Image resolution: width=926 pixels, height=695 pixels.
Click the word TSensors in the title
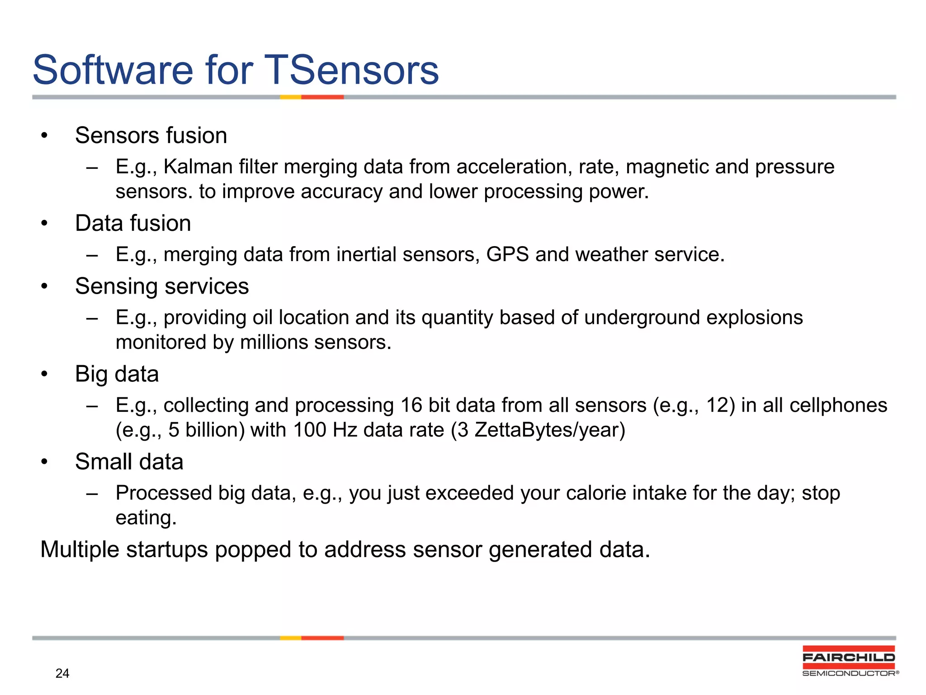coord(351,70)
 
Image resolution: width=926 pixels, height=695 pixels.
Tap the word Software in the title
coord(113,70)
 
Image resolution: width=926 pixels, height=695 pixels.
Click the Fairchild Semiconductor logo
coord(849,661)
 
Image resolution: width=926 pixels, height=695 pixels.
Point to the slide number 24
coord(62,674)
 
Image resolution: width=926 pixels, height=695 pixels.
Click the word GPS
coord(507,254)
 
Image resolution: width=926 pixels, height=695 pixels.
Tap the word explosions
coord(754,317)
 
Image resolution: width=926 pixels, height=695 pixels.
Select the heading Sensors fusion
coord(151,135)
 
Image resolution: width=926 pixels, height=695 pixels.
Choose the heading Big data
coord(117,374)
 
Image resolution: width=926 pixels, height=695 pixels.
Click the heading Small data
coord(129,462)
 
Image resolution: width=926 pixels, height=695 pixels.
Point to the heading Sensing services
coord(162,286)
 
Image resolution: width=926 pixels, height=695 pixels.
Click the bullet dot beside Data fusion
coord(44,224)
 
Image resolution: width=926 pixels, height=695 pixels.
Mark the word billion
coord(215,430)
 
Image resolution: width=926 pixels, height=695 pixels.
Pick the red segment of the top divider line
coord(322,97)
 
